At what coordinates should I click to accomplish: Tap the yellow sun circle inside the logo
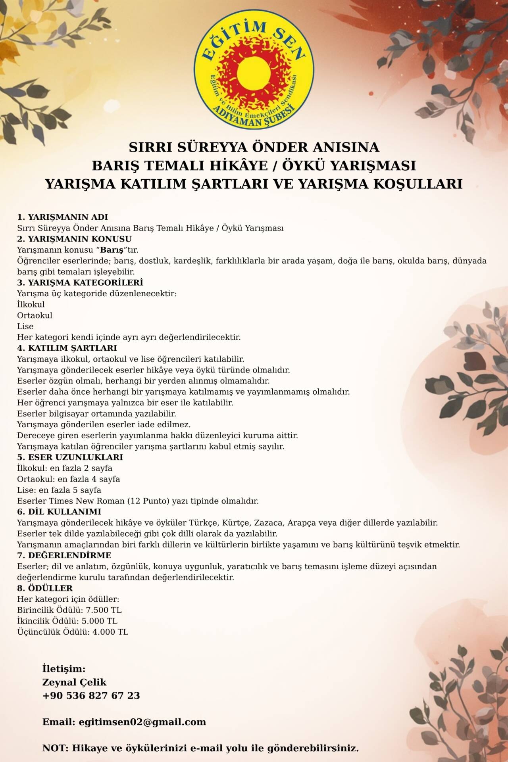(253, 71)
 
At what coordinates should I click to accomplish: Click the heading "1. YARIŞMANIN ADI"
(62, 217)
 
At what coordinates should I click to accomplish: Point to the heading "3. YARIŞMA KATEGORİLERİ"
(80, 283)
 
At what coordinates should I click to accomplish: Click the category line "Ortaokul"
(35, 316)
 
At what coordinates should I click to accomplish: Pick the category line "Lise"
(25, 326)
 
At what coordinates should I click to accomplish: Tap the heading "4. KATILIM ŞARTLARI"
(67, 348)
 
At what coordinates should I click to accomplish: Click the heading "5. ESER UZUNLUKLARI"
(70, 457)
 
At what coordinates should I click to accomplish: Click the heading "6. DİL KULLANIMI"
(59, 512)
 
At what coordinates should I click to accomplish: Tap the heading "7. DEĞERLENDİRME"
(64, 555)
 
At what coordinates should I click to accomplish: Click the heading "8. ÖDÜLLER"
(45, 588)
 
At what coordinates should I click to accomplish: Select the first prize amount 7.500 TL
(106, 610)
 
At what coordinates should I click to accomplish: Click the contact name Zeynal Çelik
(75, 682)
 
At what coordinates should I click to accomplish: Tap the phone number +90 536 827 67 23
(91, 695)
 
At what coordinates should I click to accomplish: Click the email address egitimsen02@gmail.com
(142, 722)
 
